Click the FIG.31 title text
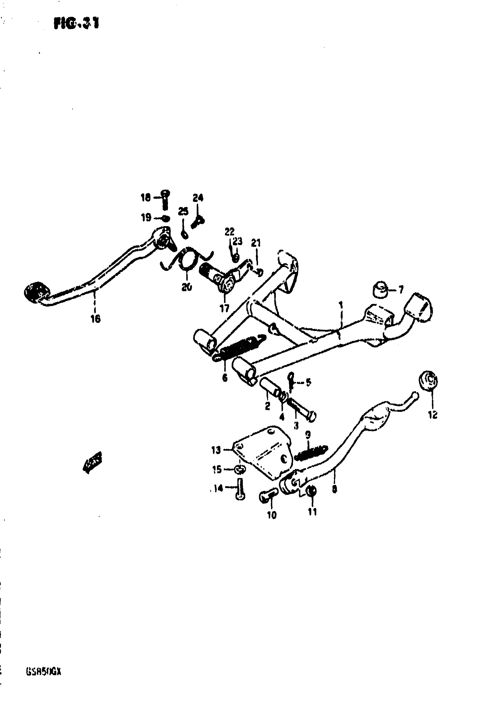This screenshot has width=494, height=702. click(x=76, y=24)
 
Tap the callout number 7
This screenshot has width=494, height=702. click(x=401, y=289)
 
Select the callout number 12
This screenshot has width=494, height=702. click(x=433, y=415)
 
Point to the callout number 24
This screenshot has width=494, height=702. click(x=198, y=198)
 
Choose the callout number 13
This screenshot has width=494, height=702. click(x=216, y=450)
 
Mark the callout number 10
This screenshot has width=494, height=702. click(x=271, y=515)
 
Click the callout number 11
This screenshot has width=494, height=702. click(x=312, y=512)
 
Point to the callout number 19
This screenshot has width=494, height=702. click(x=146, y=218)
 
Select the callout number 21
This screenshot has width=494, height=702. click(x=256, y=243)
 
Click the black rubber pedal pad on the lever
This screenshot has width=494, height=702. click(x=36, y=292)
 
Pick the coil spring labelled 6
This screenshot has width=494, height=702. click(x=240, y=347)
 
